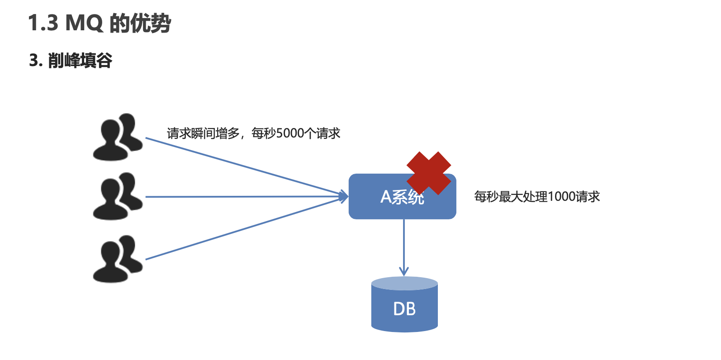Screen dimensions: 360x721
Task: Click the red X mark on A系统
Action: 428,173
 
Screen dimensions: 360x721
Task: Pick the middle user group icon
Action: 117,196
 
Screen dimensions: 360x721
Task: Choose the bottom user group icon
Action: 117,259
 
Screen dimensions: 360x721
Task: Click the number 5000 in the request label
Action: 290,133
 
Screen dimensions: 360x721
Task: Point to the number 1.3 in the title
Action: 43,23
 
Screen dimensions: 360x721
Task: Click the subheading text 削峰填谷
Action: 80,60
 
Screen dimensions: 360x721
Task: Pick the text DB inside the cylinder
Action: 404,309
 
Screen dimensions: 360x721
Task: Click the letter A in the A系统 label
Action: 386,197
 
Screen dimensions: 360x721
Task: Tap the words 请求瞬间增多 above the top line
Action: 203,133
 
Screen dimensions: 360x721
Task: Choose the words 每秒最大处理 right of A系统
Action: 511,197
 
